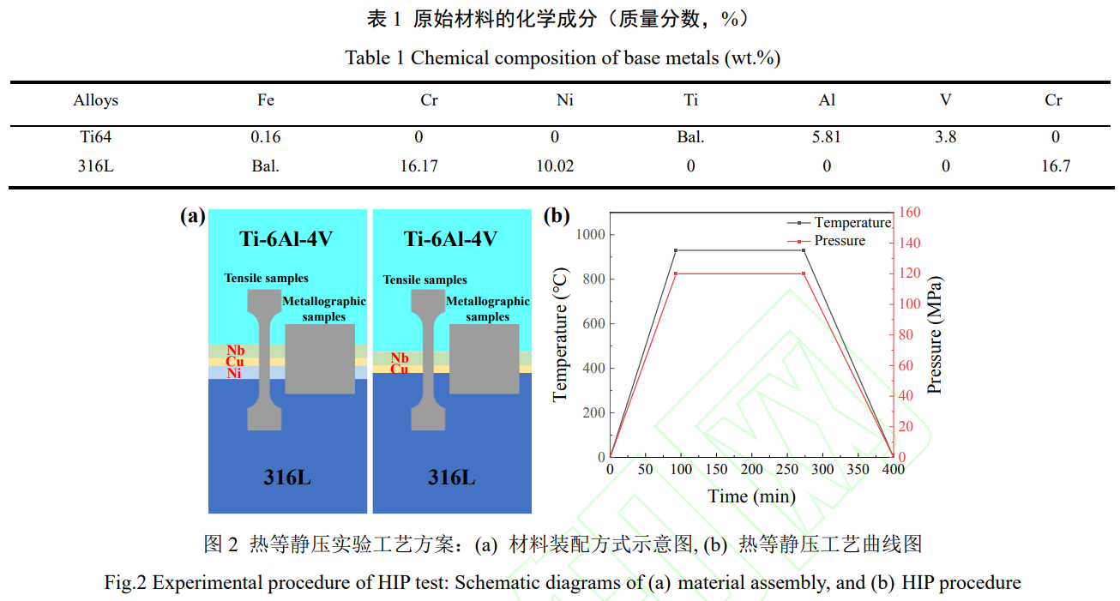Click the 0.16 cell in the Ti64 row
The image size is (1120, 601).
pos(265,137)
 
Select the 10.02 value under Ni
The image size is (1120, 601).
pos(555,166)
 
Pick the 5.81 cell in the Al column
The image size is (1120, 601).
pos(827,137)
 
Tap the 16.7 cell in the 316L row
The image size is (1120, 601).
pos(1055,166)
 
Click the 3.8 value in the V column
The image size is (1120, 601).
pos(945,137)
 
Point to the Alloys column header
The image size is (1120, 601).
pos(96,100)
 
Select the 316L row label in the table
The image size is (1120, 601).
pos(96,166)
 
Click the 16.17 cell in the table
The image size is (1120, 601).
pos(418,166)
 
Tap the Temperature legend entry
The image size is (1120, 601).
pos(852,223)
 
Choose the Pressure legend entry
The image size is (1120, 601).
pos(840,241)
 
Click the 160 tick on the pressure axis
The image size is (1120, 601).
pos(910,213)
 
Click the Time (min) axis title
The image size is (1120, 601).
pos(751,496)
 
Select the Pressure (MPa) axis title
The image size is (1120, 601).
pos(935,335)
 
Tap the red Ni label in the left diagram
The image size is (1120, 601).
pos(234,373)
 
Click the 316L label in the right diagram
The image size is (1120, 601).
pos(451,477)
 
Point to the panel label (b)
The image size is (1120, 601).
pos(557,216)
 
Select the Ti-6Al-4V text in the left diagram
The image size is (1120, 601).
pos(286,238)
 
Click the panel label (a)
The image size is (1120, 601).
pos(193,216)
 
